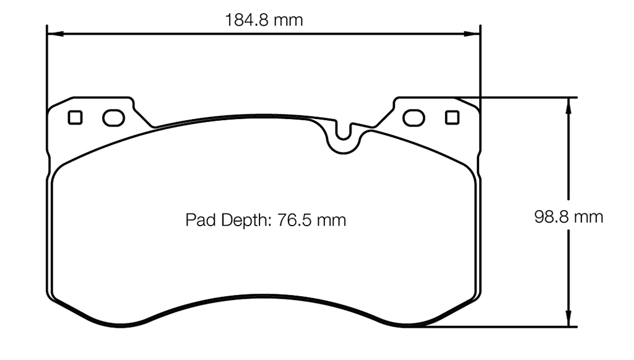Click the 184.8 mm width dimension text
coord(264,20)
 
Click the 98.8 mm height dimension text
coord(568,217)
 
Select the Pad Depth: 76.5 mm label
coord(266,220)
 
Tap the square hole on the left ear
coord(75,116)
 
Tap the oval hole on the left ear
coord(113,117)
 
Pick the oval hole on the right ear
coord(413,117)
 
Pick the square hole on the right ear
coord(452,116)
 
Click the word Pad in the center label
coord(199,220)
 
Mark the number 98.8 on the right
coord(552,217)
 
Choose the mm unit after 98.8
coord(588,217)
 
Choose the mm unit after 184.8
coord(289,20)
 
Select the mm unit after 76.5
coord(331,220)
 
